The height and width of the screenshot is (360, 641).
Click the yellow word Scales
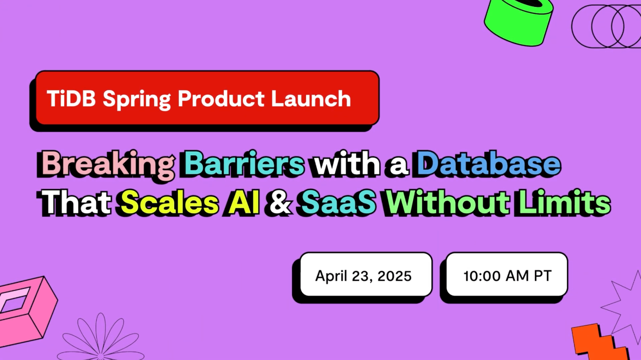(169, 204)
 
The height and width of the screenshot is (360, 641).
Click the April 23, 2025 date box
(363, 275)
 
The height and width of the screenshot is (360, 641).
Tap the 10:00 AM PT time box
(507, 275)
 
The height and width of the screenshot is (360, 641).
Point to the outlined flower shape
(101, 338)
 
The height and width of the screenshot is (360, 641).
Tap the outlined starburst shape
(623, 305)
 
